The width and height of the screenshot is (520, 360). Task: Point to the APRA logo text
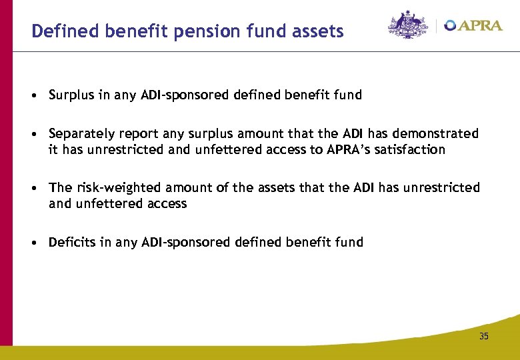[x=479, y=25]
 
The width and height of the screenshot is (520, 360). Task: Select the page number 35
[x=483, y=336]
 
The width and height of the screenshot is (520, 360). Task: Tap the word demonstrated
[x=437, y=134]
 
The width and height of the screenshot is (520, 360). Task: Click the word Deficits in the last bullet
[x=72, y=242]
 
